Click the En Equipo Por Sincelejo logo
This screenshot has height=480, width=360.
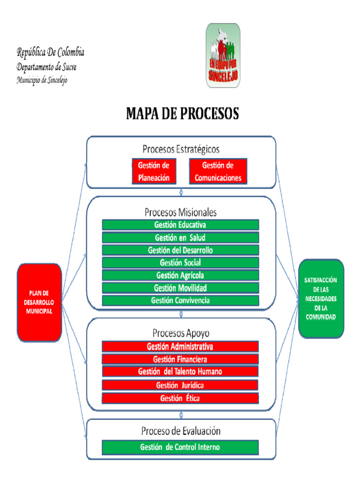point(223,55)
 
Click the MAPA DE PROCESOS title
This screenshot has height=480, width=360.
point(182,114)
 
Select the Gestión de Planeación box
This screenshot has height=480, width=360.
point(153,172)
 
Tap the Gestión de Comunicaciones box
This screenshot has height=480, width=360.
point(218,172)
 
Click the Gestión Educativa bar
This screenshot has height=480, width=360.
point(180,225)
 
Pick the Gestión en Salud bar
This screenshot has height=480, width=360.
point(180,238)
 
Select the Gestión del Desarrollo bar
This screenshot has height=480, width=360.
point(180,250)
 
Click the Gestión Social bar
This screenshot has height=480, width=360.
point(180,262)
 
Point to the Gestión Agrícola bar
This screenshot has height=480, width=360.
point(180,275)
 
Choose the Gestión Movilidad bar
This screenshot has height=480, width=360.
point(180,288)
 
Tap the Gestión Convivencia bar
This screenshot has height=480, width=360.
point(180,300)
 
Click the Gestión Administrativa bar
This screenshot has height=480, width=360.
point(180,347)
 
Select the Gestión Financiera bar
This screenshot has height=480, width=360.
point(180,360)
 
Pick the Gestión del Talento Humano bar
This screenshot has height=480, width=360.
point(180,372)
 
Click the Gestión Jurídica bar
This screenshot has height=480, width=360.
point(180,385)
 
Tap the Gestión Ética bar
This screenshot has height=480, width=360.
point(180,398)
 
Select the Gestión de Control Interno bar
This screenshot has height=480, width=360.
point(180,447)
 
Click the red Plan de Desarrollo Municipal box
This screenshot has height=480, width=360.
point(39,302)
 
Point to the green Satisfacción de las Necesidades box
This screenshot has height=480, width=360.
point(321,298)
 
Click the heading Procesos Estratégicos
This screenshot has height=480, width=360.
point(181,149)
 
